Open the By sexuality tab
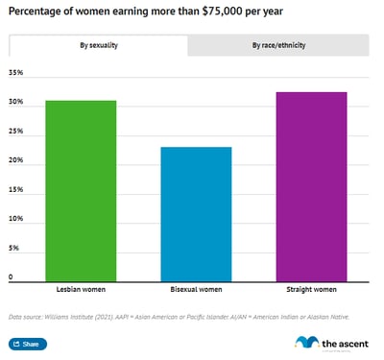[98, 45]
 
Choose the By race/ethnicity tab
[278, 45]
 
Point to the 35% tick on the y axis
[14, 73]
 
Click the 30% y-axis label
[14, 103]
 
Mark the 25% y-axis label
[14, 132]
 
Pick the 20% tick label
[14, 161]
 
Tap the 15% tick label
[14, 190]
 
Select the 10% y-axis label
[14, 219]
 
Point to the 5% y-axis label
[13, 249]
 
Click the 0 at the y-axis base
[11, 277]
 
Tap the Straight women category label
[311, 288]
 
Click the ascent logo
[331, 342]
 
